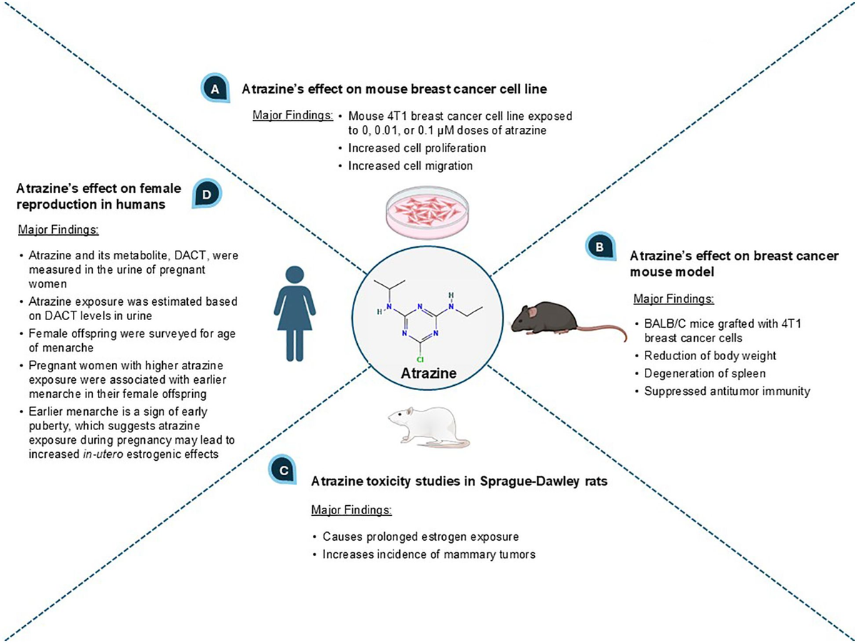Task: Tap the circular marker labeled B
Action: coord(598,246)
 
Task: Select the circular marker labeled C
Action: coord(283,469)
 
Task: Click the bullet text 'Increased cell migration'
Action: coord(411,166)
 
